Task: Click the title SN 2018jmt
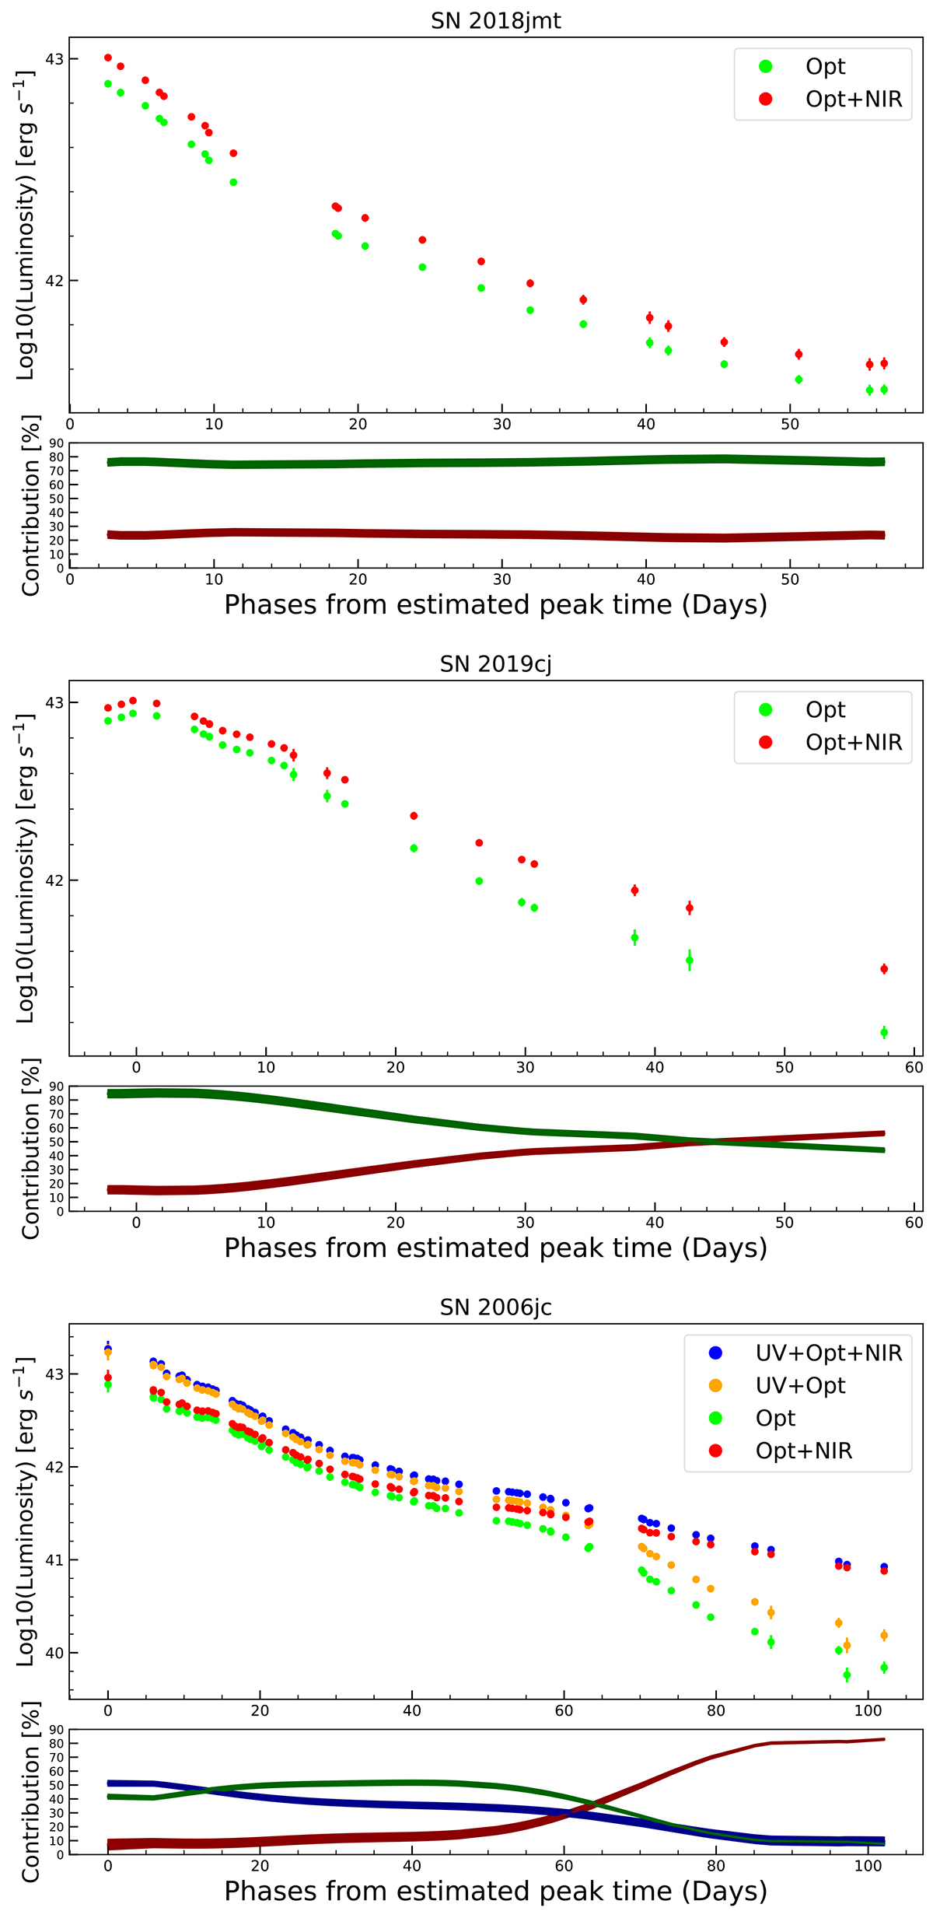(495, 20)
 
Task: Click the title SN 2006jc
(495, 1307)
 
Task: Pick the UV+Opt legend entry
(800, 1385)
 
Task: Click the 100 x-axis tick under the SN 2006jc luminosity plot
(868, 1710)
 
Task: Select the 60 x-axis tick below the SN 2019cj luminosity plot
(914, 1067)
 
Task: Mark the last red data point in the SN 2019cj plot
(884, 969)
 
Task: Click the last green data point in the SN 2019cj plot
(884, 1033)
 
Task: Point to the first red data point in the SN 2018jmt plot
(108, 58)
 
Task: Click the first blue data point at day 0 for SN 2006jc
(108, 1349)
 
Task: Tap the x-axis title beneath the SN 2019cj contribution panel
(495, 1248)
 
